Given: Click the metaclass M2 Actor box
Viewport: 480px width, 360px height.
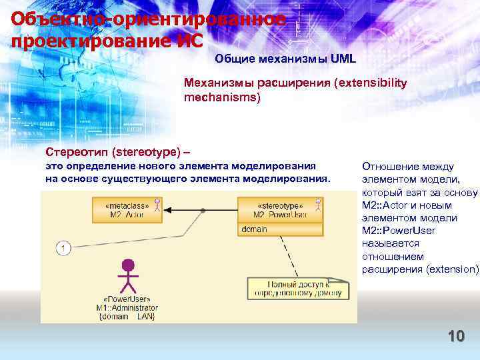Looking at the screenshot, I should (127, 210).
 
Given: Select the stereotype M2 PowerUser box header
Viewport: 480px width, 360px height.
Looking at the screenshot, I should (280, 210).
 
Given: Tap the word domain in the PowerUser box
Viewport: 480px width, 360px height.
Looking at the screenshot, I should (255, 229).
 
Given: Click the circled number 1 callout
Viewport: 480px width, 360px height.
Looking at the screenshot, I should (63, 249).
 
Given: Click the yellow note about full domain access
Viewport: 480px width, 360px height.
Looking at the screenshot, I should (297, 287).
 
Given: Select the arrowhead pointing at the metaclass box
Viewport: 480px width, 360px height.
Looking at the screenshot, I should (168, 210).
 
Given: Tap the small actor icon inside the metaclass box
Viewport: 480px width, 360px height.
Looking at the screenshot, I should (157, 204).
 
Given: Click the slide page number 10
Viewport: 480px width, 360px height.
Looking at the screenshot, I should (456, 336).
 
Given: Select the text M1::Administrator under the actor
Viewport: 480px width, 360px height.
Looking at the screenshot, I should (127, 308).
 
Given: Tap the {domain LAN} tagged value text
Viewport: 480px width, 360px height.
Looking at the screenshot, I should (127, 317).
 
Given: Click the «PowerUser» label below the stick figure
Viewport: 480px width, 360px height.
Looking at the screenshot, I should (127, 299).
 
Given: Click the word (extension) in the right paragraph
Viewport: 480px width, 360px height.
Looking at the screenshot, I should (453, 269).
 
